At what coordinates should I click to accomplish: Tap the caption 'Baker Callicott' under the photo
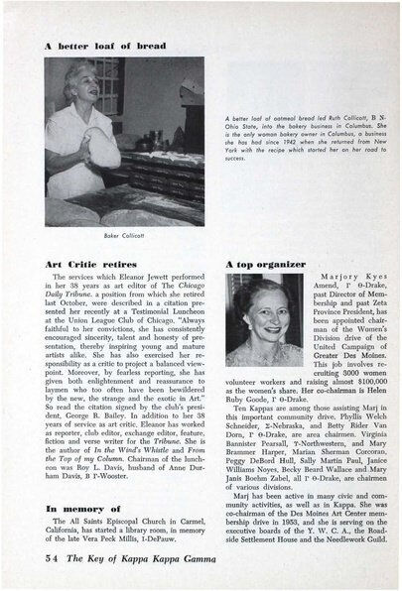point(118,235)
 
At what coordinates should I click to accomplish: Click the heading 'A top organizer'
point(267,265)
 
